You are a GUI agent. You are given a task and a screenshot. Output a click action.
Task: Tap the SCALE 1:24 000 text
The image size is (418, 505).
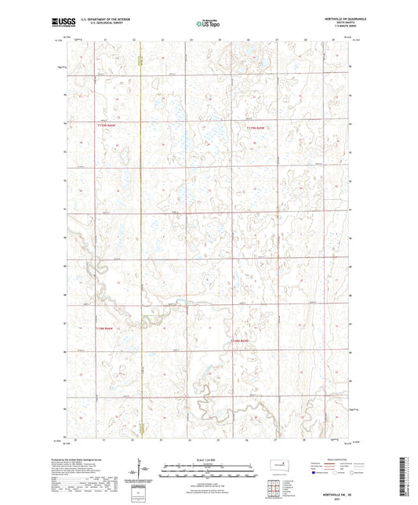pyautogui.click(x=206, y=458)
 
